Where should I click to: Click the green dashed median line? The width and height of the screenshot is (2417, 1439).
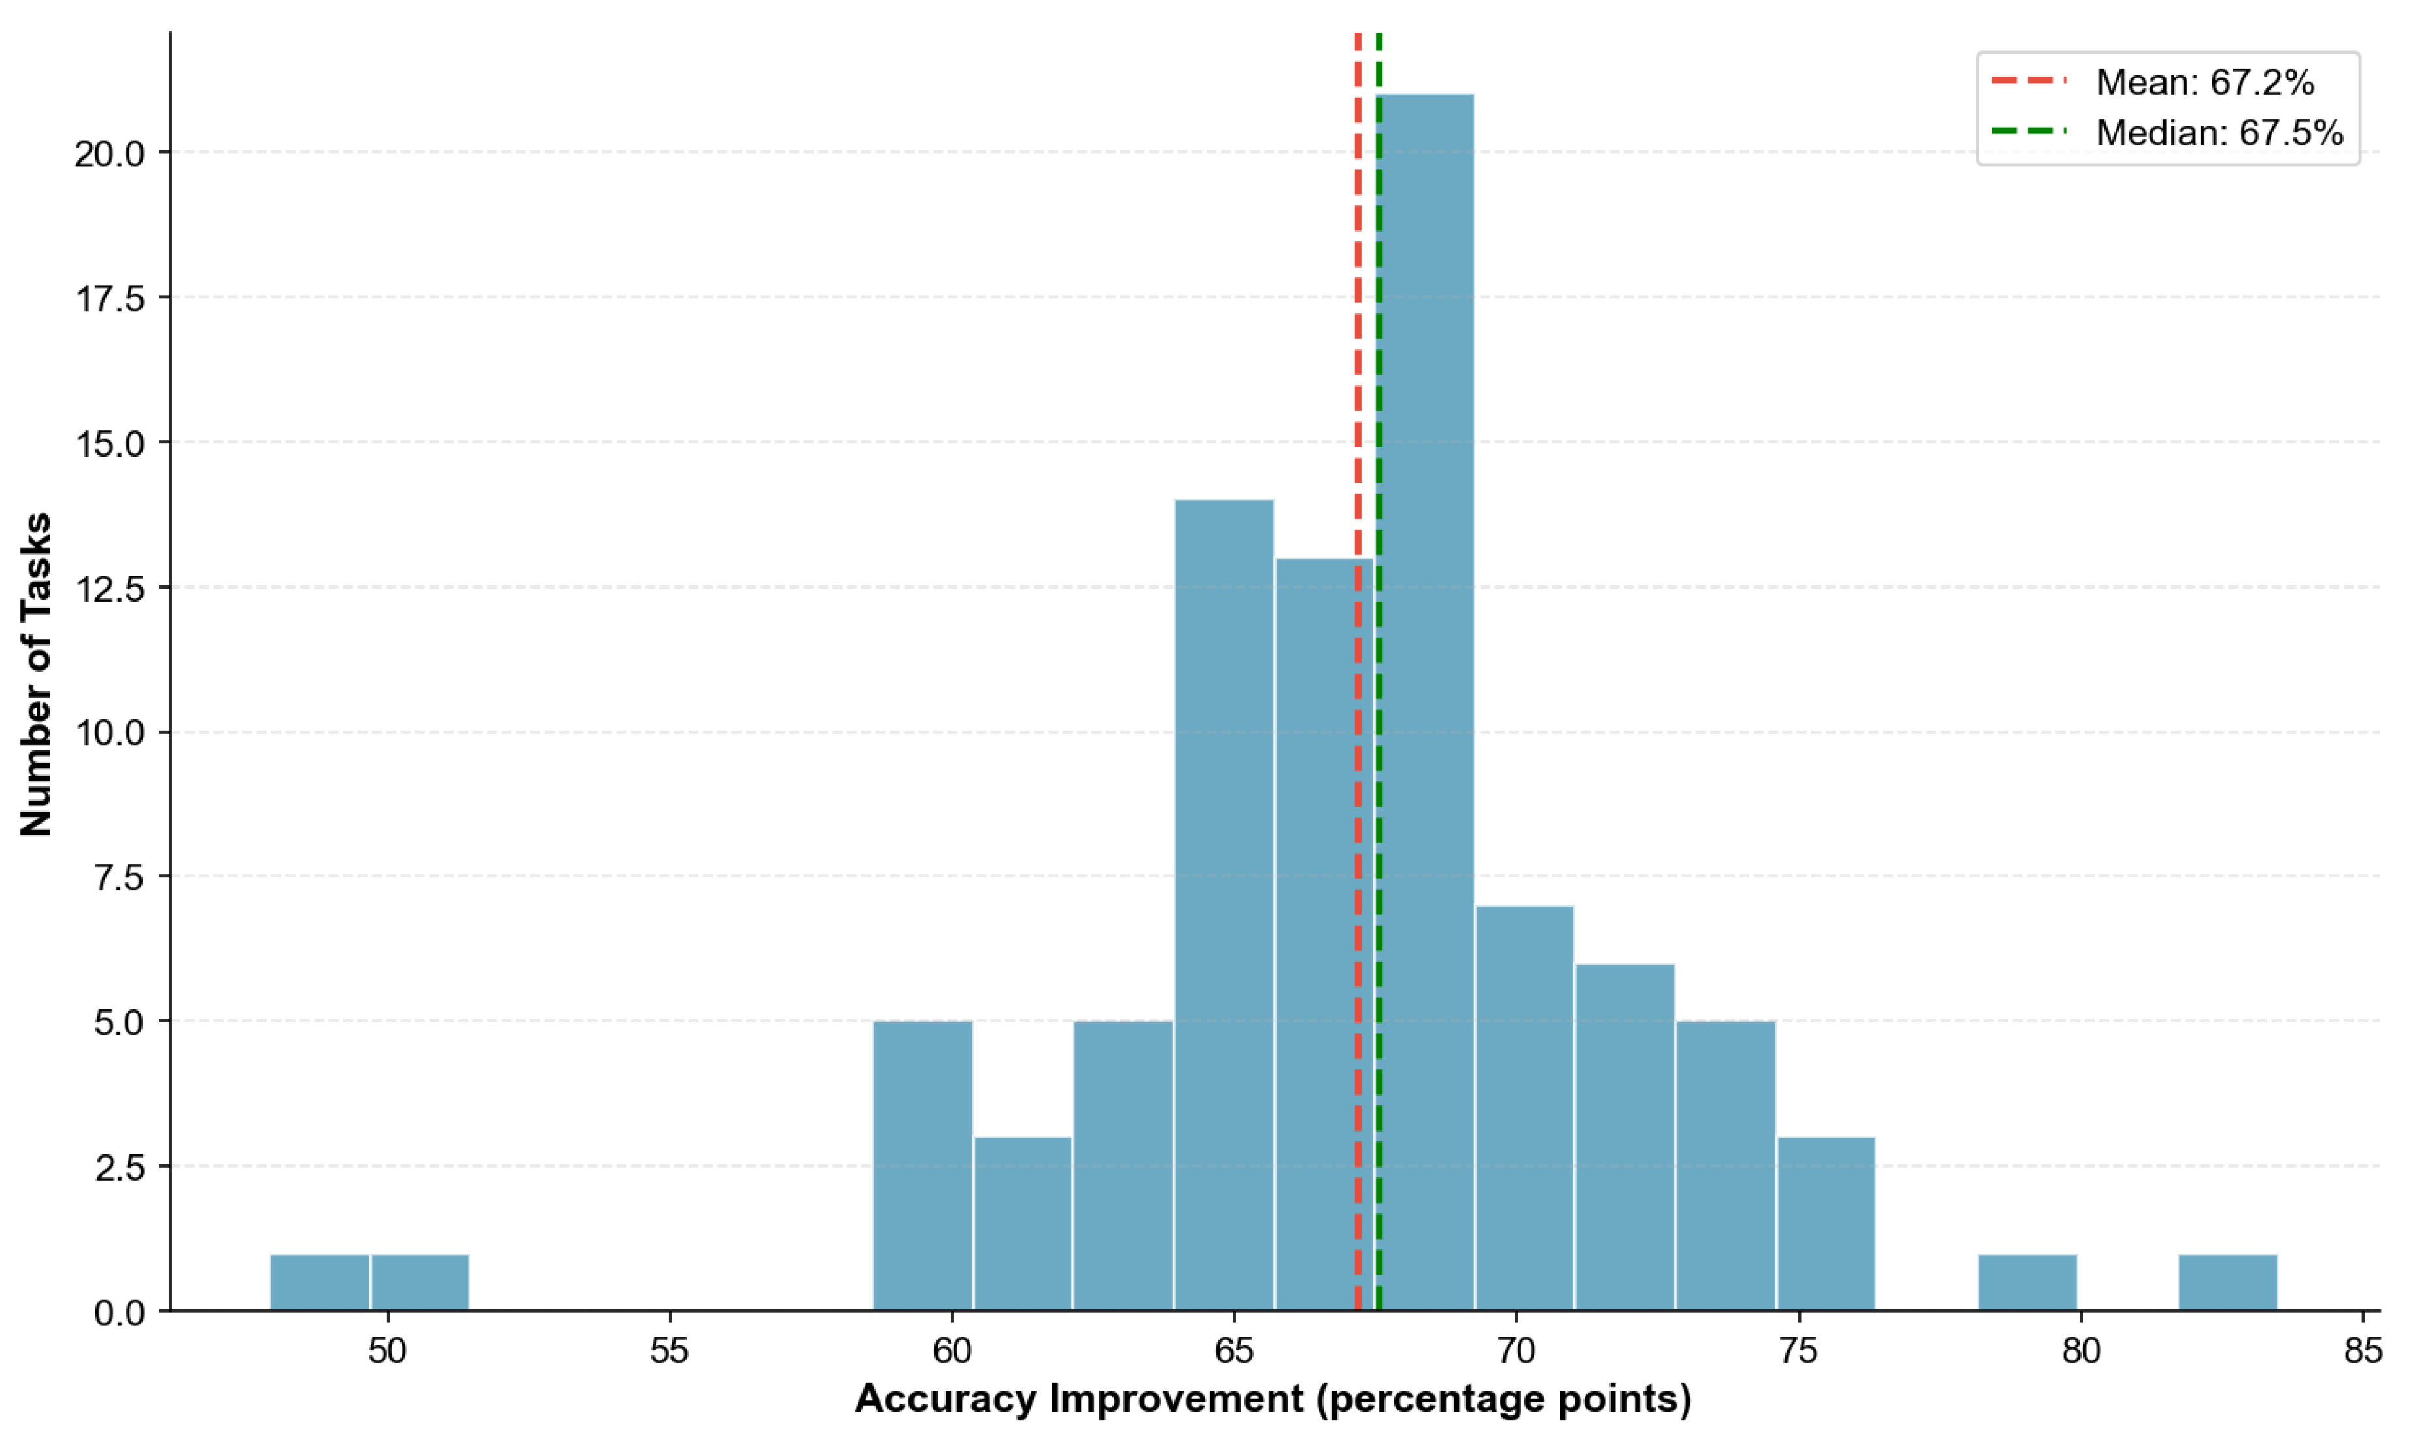click(1379, 291)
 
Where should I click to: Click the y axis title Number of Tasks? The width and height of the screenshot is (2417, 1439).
click(37, 674)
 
